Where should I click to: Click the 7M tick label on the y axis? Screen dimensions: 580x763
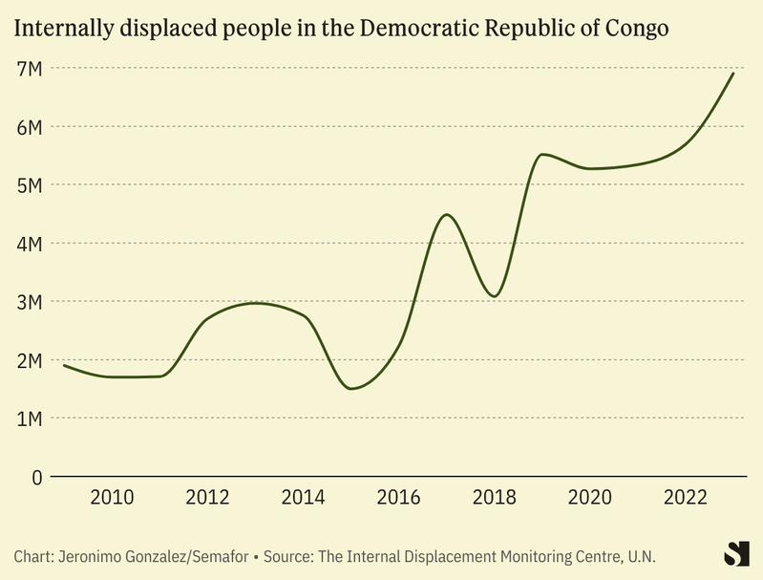click(x=29, y=68)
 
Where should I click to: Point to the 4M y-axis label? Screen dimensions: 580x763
click(x=29, y=244)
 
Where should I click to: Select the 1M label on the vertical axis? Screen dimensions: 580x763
click(x=29, y=419)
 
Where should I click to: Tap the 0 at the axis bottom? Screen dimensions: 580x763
click(x=37, y=477)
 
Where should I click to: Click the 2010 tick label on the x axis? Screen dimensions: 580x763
click(x=112, y=498)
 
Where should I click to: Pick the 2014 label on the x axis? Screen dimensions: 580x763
click(x=304, y=498)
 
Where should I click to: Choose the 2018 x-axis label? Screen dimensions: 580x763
click(x=495, y=498)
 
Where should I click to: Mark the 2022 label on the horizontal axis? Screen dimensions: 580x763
click(x=686, y=498)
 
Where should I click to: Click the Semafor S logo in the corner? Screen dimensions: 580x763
click(x=736, y=553)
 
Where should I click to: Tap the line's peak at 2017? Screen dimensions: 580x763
click(x=447, y=214)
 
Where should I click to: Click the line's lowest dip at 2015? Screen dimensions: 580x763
click(x=351, y=389)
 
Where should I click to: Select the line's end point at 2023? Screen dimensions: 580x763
click(x=733, y=73)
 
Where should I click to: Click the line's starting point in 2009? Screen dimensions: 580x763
click(x=64, y=365)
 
